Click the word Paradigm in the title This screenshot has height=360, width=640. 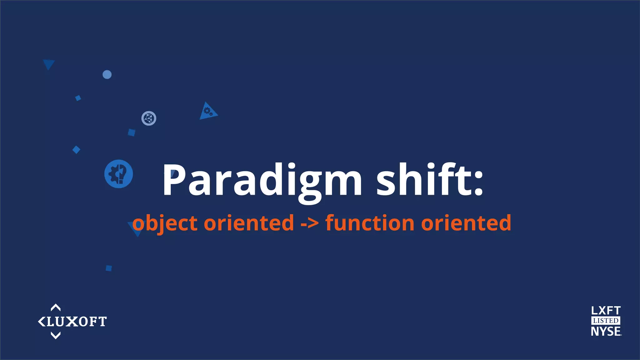pos(262,181)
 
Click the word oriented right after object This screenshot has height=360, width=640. pos(249,223)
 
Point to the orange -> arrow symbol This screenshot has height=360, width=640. pos(309,223)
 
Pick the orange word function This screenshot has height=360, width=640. pos(370,223)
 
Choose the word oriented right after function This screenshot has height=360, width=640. pos(466,223)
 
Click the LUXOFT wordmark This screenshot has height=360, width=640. pos(77,322)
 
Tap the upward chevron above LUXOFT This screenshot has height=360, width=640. pos(56,307)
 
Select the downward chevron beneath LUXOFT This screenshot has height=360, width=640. pos(56,336)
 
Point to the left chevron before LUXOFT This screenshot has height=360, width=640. pos(41,322)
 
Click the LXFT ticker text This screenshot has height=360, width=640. pos(606,311)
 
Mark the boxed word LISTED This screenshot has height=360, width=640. pos(606,321)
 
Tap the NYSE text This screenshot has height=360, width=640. pos(606,331)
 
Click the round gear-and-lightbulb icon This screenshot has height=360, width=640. pos(119,174)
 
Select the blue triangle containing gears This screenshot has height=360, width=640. pos(207,112)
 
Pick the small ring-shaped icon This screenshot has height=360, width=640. pos(149,118)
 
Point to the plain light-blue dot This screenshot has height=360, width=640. pos(107,75)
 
